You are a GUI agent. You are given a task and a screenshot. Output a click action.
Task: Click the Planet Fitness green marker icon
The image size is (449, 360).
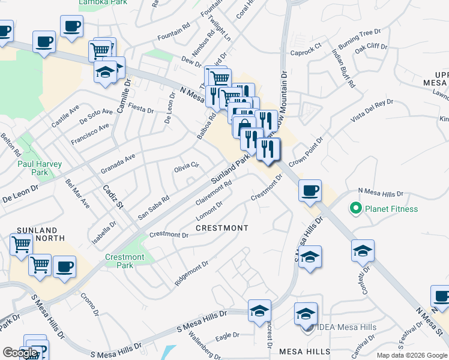point(355,209)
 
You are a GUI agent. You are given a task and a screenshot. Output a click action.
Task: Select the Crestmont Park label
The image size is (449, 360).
point(124,261)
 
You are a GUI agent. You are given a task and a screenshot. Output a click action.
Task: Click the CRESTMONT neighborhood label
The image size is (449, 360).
point(222,229)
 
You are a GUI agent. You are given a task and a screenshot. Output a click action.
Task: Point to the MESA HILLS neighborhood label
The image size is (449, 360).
point(304,351)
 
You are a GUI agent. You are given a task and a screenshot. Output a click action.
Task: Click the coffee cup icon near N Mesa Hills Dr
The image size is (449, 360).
point(310,191)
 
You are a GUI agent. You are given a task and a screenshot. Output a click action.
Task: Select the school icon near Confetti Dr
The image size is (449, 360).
point(363,250)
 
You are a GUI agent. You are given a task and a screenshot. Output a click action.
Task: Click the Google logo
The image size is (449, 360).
point(20,353)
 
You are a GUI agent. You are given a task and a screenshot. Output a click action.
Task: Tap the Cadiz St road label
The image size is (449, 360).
point(112,196)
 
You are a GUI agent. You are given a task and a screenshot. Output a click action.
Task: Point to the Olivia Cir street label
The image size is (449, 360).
point(186,166)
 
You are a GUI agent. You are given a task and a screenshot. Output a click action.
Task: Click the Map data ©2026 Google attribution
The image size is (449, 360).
point(412,355)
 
